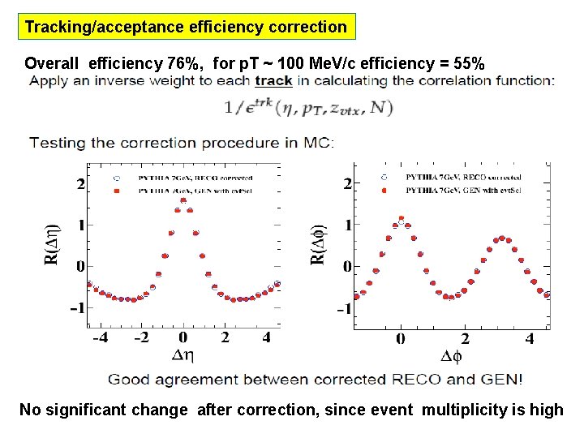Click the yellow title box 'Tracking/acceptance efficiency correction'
186,27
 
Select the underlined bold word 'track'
273,80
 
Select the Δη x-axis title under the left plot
183,354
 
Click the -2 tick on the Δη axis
140,337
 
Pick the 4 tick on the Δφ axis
529,338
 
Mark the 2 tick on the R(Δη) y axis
80,184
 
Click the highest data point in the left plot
183,201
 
